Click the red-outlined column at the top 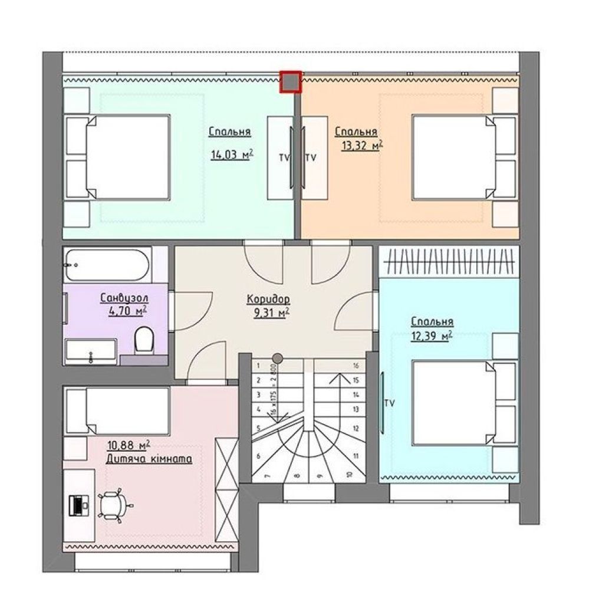coord(291,82)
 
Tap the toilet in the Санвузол coord(144,340)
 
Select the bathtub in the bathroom coord(107,265)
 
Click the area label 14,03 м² coord(232,154)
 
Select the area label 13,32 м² coord(362,146)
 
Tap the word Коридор coord(269,300)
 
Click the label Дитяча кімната coord(149,459)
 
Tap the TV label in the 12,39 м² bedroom coord(390,403)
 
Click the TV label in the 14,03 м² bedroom coord(284,157)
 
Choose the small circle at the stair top coord(278,358)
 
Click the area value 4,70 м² coord(128,311)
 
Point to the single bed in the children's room coord(117,411)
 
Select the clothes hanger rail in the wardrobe coord(449,262)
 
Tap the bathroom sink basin coord(91,351)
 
